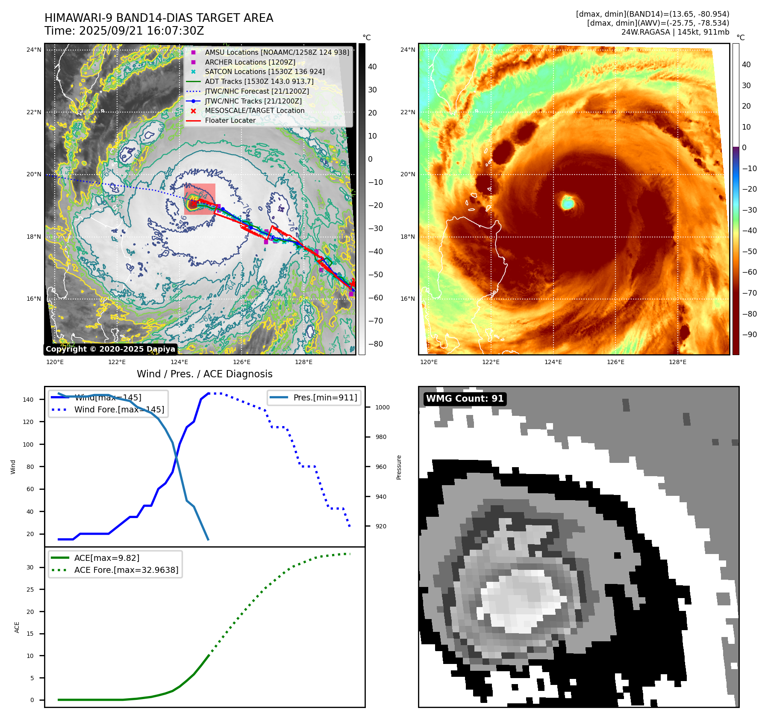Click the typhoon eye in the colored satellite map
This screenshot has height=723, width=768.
tap(568, 202)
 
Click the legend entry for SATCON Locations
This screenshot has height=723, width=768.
tap(265, 72)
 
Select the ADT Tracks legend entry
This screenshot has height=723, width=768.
tap(259, 81)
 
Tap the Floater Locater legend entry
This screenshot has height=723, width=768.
tap(230, 121)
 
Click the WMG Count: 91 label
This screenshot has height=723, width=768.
tap(465, 399)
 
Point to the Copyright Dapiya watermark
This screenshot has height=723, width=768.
tap(110, 349)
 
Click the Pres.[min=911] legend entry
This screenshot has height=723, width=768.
tap(325, 397)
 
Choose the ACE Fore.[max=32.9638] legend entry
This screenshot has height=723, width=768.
tap(126, 570)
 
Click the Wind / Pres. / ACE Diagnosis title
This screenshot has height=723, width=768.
tap(204, 374)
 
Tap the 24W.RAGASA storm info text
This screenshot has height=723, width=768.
tap(675, 32)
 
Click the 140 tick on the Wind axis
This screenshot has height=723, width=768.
tap(28, 400)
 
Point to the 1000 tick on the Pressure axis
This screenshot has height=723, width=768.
tap(382, 407)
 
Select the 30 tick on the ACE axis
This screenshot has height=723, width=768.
tap(30, 567)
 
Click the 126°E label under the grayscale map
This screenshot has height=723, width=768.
tap(241, 362)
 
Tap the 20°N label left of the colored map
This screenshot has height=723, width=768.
tap(407, 175)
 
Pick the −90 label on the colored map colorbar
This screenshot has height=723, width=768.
tap(749, 335)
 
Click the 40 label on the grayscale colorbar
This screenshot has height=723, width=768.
tap(372, 67)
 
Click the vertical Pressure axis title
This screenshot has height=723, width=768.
tap(399, 467)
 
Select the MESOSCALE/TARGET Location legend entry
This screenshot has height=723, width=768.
tap(254, 111)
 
